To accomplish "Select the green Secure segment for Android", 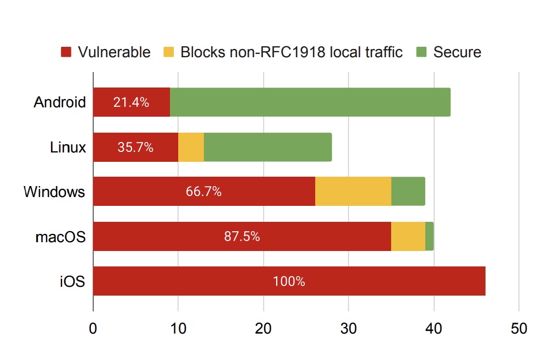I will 310,102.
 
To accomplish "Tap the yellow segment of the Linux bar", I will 191,147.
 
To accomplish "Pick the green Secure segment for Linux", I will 268,147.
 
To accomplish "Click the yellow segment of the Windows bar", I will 353,192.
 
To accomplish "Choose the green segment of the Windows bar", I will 408,192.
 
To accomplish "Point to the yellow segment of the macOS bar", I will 408,236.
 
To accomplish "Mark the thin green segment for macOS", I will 430,236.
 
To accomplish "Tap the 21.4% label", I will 131,102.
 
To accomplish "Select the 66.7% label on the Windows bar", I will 204,192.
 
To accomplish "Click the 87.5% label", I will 242,237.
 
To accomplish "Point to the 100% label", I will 289,281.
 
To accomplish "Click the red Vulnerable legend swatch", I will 66,53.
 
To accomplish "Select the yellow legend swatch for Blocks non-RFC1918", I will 168,53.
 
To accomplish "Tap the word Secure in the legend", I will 457,53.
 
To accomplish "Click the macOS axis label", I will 61,237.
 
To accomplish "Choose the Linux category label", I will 68,148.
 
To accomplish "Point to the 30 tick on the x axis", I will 348,329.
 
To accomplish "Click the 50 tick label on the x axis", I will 519,329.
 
